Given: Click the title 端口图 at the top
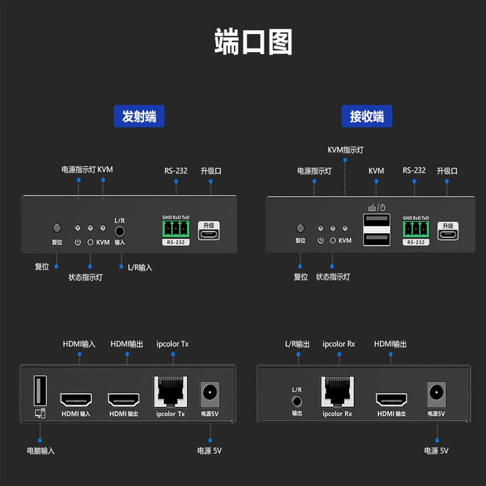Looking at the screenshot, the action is [253, 42].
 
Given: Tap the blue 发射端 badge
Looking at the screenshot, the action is [139, 116].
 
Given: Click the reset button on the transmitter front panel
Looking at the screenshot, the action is [57, 228].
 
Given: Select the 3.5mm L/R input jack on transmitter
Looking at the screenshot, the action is [120, 231].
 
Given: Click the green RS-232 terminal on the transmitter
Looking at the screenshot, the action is [176, 230].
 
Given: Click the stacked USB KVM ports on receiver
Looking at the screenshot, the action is [377, 230].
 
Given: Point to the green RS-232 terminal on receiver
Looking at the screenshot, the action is [416, 230].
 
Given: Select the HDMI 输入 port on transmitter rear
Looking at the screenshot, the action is [76, 400].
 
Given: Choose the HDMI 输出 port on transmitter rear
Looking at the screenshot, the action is [124, 400].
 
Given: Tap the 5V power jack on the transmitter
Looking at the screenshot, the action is [210, 393].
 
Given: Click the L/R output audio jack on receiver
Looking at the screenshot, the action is [297, 402].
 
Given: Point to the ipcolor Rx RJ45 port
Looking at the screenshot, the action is [337, 392].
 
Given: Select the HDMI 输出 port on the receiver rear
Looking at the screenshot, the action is [391, 400].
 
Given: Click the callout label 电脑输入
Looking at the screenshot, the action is [41, 451].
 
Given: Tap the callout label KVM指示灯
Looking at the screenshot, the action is [345, 149].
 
